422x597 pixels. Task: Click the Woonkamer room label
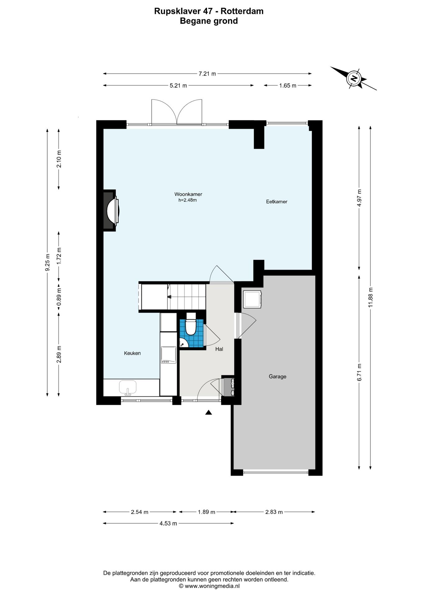click(x=188, y=194)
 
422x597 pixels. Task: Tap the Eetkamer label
click(x=277, y=201)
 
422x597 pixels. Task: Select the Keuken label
click(x=132, y=353)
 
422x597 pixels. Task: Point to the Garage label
click(x=278, y=377)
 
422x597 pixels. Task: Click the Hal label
click(x=219, y=349)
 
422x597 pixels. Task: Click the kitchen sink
click(x=128, y=387)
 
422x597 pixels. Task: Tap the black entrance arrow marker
click(x=209, y=412)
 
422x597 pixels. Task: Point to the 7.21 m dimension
click(x=207, y=74)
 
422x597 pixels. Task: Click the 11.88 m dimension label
click(x=370, y=298)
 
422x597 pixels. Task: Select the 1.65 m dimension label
click(x=288, y=86)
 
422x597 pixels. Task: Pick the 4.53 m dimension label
click(x=168, y=523)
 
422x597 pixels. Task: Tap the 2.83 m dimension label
click(x=274, y=512)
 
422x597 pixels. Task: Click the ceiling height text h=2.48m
click(x=188, y=200)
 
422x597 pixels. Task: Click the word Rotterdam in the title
click(x=242, y=11)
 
